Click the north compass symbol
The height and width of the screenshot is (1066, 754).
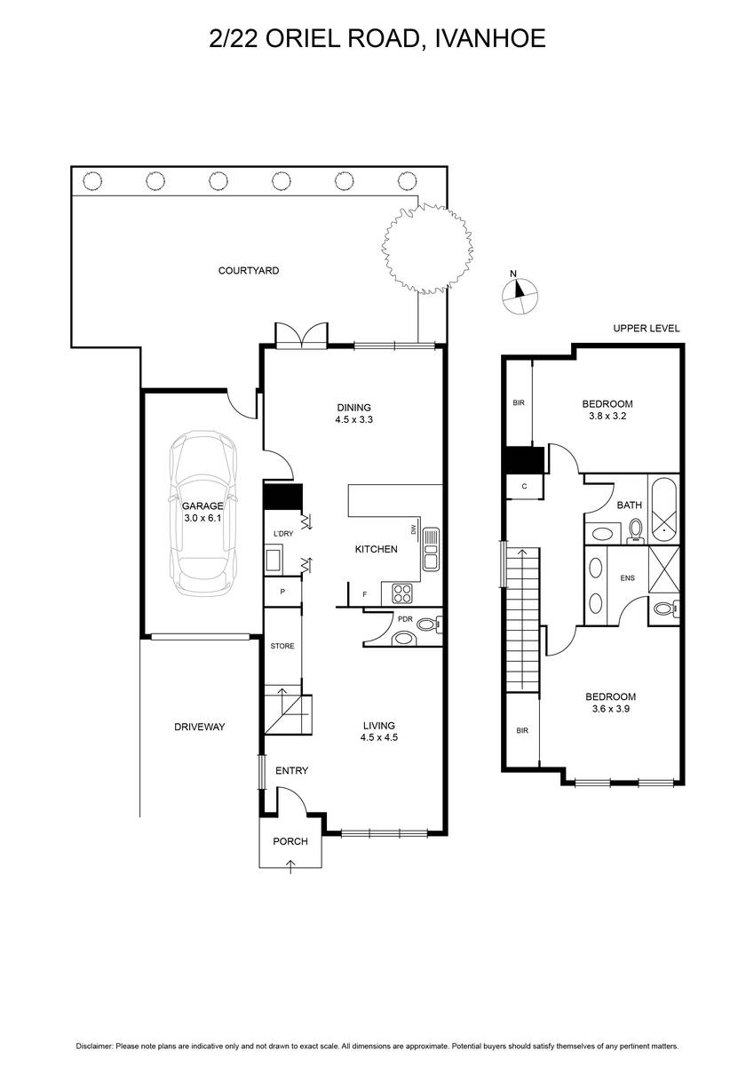coord(520,296)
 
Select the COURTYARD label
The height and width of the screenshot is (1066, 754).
coord(249,271)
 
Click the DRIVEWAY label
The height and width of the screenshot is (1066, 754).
coord(199,727)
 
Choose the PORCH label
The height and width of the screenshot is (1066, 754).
coord(290,841)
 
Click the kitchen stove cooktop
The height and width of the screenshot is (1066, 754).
coord(402,593)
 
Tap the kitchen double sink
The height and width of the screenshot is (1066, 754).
coord(431,548)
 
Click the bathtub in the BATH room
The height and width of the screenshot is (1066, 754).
coord(664,510)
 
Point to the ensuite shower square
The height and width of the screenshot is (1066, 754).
coord(664,569)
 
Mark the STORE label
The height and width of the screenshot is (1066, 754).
coord(282,646)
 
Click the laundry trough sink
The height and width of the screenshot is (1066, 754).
coord(274,561)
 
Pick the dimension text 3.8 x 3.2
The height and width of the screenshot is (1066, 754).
coord(607,416)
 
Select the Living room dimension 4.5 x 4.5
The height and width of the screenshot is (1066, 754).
coord(378,737)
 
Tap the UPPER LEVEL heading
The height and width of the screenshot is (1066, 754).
coord(646,329)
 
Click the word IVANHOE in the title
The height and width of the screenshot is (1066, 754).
coord(490,37)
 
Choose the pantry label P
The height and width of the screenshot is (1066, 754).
coord(282,592)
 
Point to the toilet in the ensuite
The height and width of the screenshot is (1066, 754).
coord(666,609)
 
